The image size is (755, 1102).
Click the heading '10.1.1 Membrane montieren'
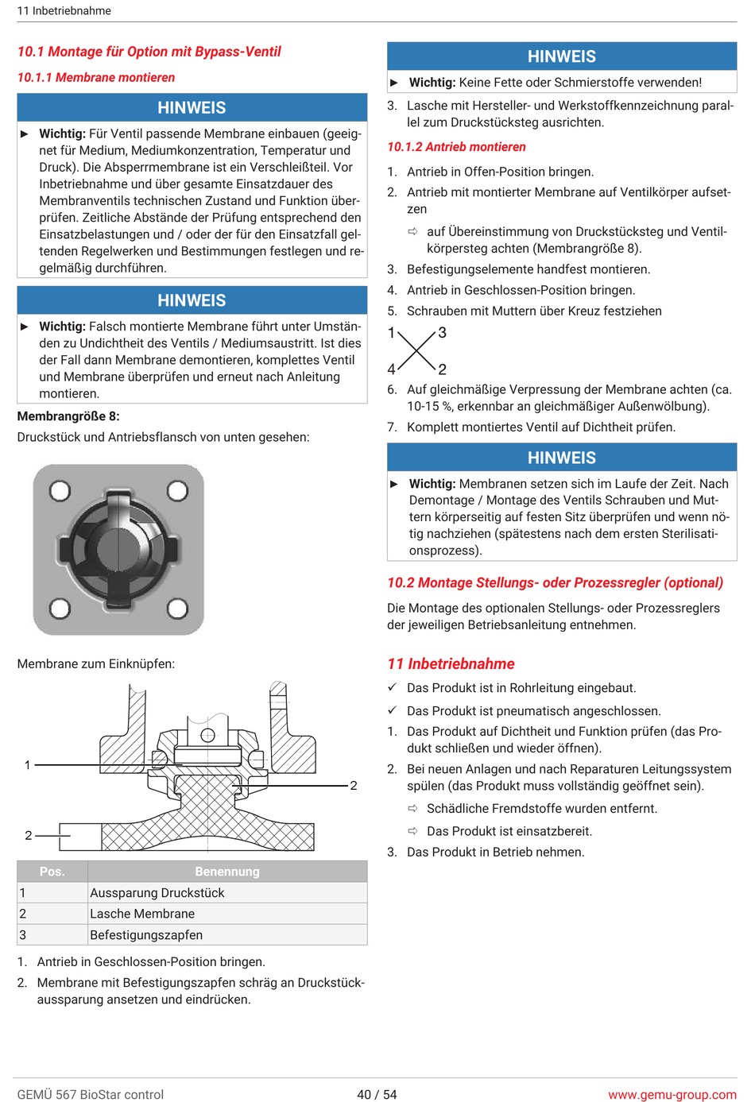click(96, 77)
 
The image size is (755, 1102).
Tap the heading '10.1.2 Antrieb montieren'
click(456, 147)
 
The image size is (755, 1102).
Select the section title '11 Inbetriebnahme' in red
click(451, 663)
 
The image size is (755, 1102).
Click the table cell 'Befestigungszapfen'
click(146, 934)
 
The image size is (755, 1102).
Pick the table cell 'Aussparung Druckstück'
click(157, 892)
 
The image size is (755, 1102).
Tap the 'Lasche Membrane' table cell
click(142, 914)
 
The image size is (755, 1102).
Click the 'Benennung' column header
click(227, 872)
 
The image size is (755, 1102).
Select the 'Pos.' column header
click(52, 872)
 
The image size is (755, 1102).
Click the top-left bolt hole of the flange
click(60, 490)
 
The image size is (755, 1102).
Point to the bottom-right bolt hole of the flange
click(177, 608)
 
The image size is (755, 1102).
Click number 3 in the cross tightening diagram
click(442, 333)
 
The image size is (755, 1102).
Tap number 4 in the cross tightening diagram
click(391, 369)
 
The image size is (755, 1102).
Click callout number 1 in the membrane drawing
click(28, 765)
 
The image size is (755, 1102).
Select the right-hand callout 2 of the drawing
click(354, 786)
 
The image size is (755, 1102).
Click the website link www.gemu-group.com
click(672, 1095)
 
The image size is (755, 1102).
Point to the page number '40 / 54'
click(377, 1095)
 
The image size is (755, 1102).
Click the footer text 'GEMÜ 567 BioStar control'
click(91, 1095)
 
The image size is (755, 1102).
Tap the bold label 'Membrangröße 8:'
click(68, 416)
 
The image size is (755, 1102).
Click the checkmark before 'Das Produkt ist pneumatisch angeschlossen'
click(393, 710)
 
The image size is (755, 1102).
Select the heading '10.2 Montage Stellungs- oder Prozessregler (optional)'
click(556, 582)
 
